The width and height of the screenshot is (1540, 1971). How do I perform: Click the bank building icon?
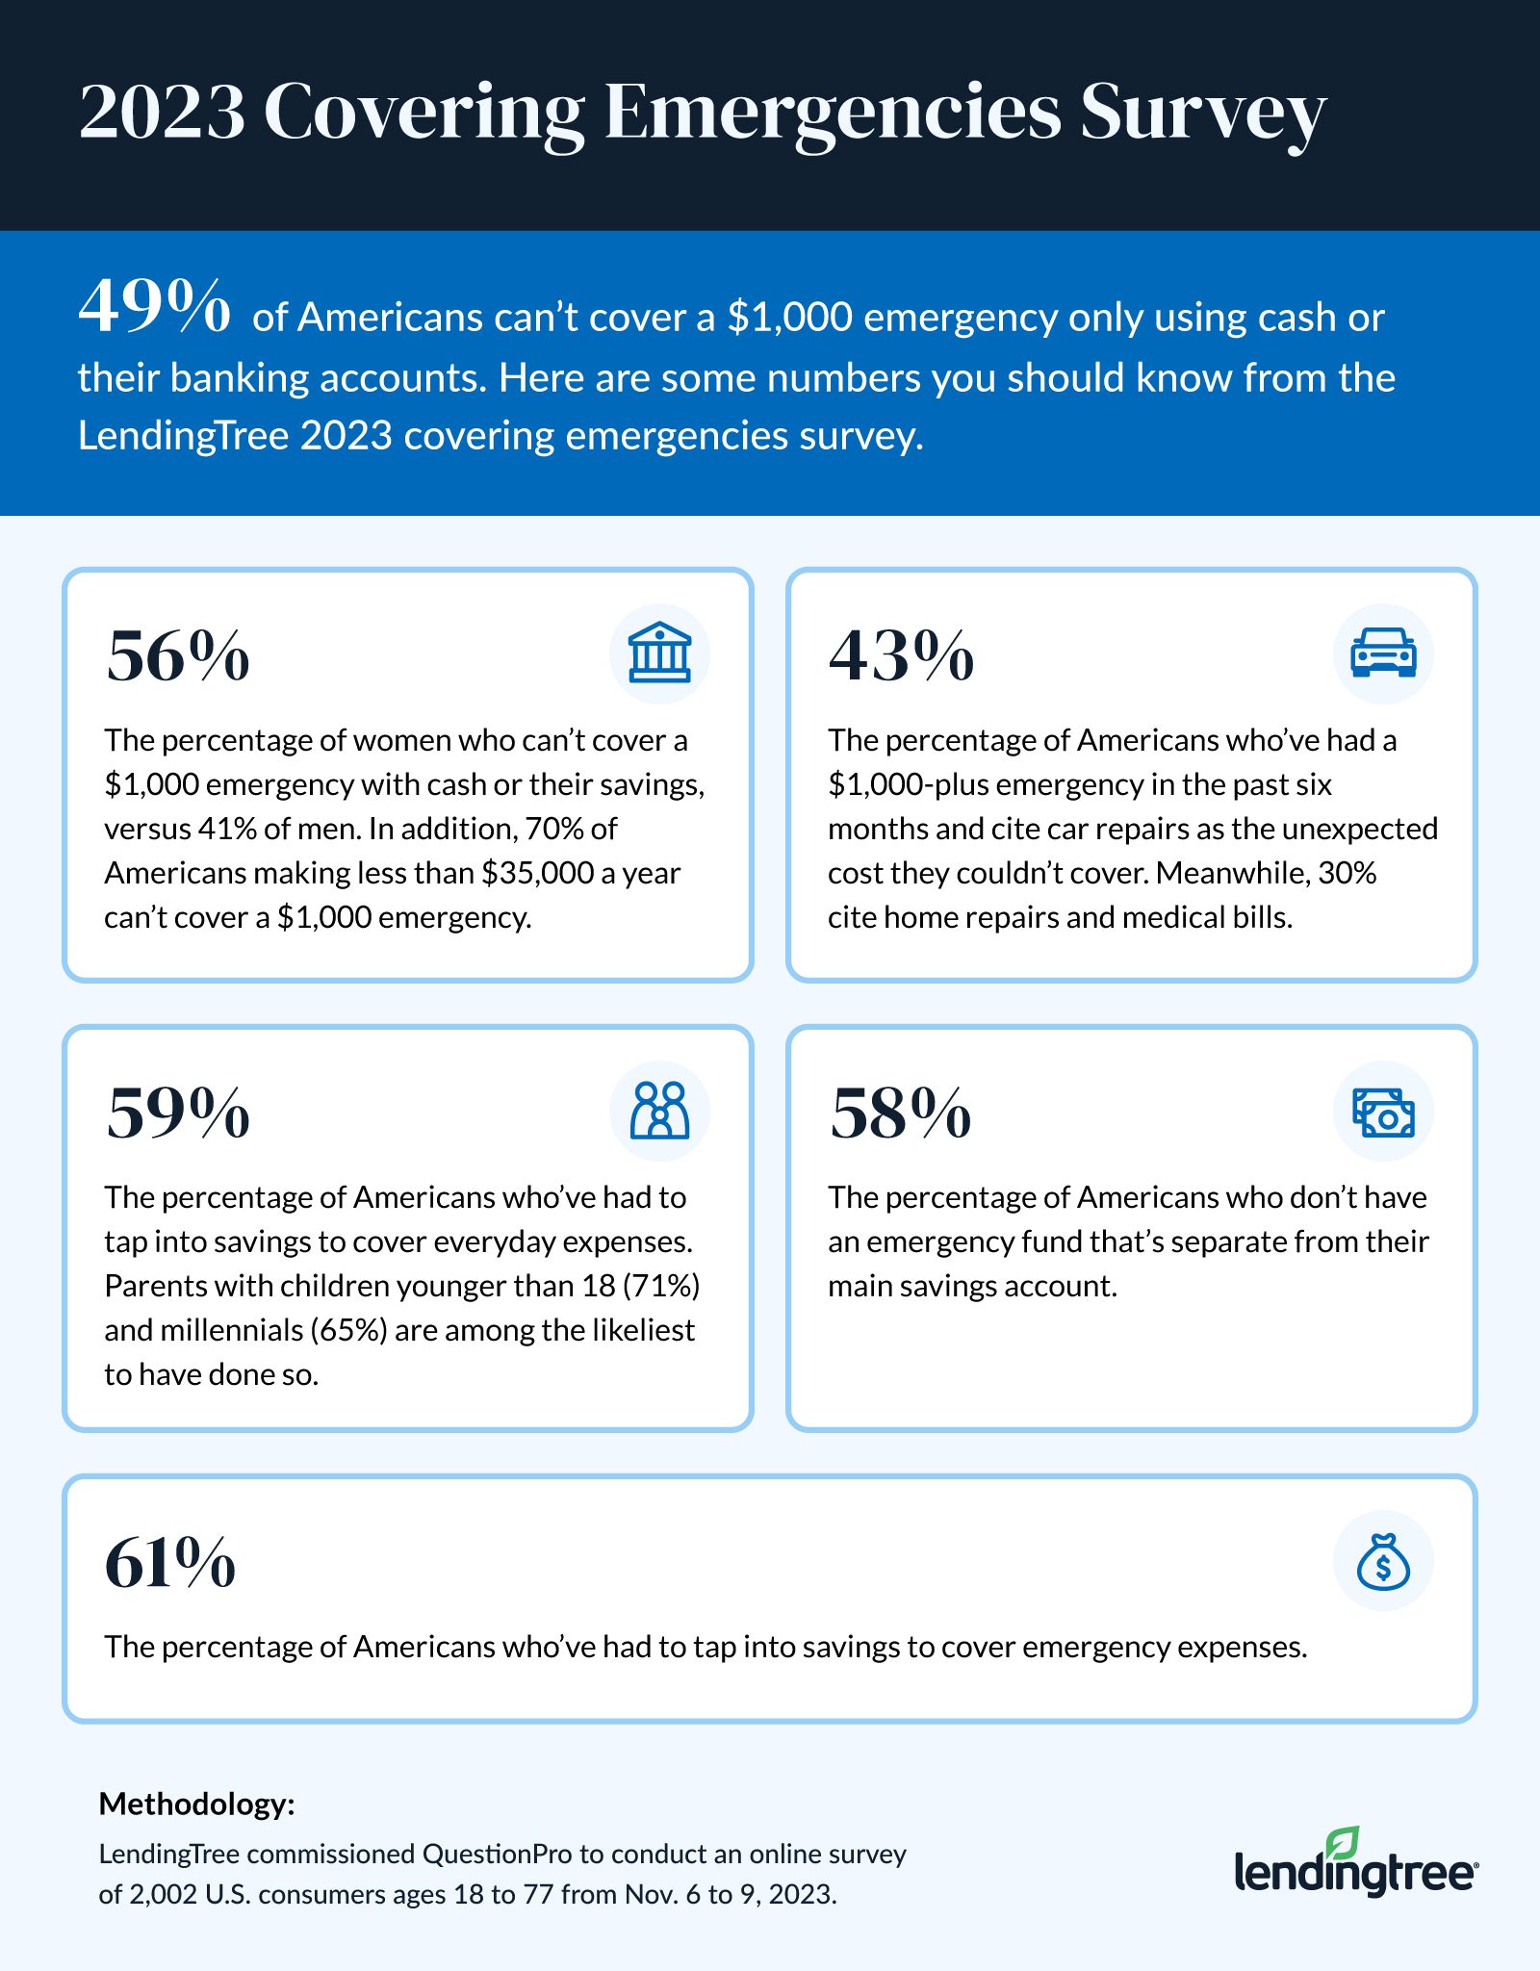(659, 653)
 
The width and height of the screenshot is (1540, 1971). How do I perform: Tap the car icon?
(1383, 653)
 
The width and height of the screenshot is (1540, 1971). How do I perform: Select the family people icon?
(659, 1111)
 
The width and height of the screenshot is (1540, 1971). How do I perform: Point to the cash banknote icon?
(1383, 1112)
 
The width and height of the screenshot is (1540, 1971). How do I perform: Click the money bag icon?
(1383, 1561)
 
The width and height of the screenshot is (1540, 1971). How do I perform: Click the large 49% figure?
(154, 307)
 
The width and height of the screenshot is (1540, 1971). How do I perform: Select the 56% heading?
(178, 656)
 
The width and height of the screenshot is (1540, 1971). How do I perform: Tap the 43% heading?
(901, 656)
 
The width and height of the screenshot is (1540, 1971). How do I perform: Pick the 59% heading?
(178, 1113)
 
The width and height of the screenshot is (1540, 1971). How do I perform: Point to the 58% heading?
(901, 1113)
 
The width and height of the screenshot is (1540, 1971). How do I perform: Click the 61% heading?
(170, 1563)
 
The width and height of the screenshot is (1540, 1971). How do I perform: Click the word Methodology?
(196, 1804)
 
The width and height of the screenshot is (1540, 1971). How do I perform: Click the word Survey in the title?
(1202, 114)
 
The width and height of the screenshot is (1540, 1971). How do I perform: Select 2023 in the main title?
(162, 114)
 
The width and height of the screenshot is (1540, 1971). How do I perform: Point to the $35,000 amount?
(537, 873)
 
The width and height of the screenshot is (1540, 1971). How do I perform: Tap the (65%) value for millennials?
(348, 1330)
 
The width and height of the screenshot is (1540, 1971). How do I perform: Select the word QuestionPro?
(497, 1854)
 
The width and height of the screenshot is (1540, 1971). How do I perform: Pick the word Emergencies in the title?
(834, 114)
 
